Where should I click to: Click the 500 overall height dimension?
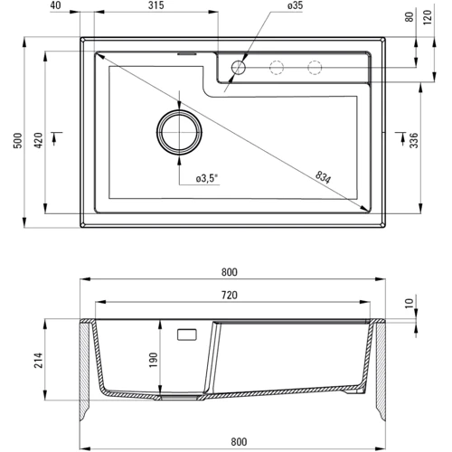coord(18,140)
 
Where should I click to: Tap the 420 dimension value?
coord(38,140)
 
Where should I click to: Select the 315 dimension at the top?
coord(156,5)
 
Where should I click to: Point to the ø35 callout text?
coord(295,5)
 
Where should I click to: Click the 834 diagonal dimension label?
coord(324,177)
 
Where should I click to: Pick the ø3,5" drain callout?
coord(207,178)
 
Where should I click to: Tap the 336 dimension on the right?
coord(414,140)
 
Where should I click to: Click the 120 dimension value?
coord(428,17)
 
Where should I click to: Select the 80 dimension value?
coord(410,16)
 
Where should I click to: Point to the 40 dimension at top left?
coord(55,5)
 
